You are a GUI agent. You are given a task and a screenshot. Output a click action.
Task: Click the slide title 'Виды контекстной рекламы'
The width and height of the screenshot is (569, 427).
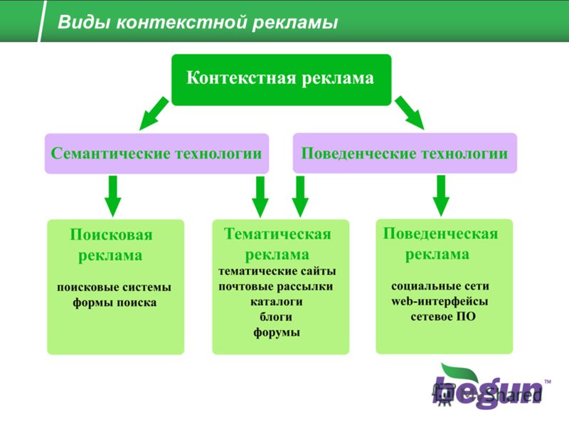(x=198, y=22)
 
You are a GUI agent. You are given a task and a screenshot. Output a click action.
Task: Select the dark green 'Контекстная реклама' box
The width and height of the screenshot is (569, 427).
(x=281, y=80)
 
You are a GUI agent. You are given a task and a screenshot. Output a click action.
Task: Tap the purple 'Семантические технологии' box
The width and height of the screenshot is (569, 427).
(x=156, y=154)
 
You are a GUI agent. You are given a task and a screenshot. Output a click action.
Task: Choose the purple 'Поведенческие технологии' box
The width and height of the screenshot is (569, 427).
(x=405, y=153)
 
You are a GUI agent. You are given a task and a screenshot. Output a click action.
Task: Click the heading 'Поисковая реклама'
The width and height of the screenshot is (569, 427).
(x=111, y=245)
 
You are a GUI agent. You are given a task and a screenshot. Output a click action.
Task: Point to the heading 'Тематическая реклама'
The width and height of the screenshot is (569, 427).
(x=277, y=244)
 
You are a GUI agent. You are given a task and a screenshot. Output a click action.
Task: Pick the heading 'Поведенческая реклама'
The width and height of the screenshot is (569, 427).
(x=440, y=243)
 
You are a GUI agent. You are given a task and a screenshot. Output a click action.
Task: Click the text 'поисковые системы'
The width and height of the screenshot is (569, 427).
(x=114, y=288)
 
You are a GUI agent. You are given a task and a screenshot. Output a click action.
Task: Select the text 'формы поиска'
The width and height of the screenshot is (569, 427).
(x=115, y=303)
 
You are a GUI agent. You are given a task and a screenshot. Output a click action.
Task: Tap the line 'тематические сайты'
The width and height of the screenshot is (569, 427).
(x=277, y=271)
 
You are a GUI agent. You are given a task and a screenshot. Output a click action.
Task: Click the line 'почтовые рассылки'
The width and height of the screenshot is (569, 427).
(x=276, y=287)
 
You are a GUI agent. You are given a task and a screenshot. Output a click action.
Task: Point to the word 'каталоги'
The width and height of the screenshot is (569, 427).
(x=277, y=302)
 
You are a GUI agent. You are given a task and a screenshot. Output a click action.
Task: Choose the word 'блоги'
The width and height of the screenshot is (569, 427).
(x=276, y=317)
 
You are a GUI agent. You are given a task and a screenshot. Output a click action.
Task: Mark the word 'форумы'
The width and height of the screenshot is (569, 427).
(x=277, y=332)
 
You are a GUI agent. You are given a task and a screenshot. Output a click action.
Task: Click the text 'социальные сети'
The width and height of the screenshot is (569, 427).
(x=440, y=286)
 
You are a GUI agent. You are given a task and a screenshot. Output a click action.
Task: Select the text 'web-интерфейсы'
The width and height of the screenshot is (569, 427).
(x=440, y=301)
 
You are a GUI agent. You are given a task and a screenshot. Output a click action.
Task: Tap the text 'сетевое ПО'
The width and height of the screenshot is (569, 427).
(x=443, y=317)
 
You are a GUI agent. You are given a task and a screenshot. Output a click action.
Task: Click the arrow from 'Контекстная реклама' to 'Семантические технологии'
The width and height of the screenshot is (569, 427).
(x=154, y=113)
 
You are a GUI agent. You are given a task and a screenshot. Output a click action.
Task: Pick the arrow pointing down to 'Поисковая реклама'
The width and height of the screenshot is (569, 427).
(x=113, y=196)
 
